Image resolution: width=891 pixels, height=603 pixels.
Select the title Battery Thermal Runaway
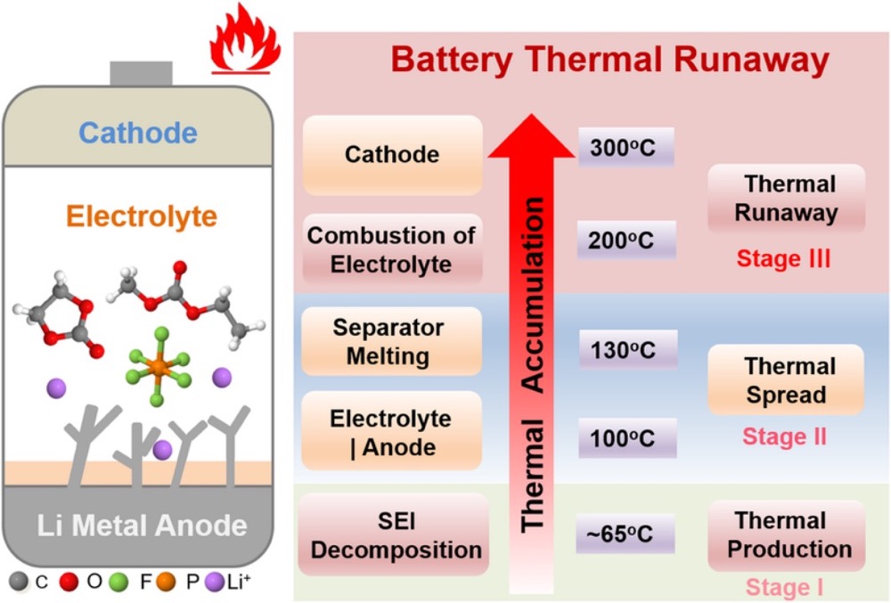(x=610, y=61)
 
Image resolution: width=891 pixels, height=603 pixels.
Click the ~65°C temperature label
(x=625, y=534)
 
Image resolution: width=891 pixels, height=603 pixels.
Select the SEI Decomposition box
(x=396, y=534)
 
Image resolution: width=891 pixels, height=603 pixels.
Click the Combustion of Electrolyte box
(x=392, y=249)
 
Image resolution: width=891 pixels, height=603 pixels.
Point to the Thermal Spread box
(x=785, y=380)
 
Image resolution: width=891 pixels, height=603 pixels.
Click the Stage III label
(x=783, y=259)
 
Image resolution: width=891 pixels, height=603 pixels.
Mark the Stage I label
(x=784, y=587)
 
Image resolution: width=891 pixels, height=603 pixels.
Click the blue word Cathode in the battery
(x=137, y=133)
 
